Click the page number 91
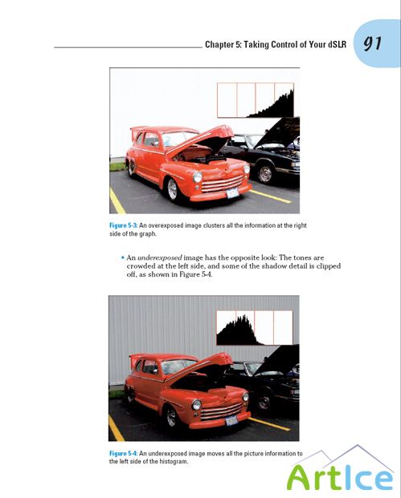tap(372, 43)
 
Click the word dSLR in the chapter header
tap(337, 44)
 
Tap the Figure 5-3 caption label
tap(124, 225)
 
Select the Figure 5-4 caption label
tap(124, 453)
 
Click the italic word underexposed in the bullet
tap(159, 257)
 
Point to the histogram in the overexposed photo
tap(256, 100)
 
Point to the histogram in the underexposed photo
tap(255, 328)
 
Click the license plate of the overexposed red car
tap(232, 192)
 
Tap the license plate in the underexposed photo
tap(231, 420)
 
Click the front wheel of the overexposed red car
tap(172, 189)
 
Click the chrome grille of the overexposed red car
tap(222, 184)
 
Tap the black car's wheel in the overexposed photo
tap(264, 173)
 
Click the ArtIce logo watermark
tap(341, 471)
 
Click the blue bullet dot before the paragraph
tap(122, 257)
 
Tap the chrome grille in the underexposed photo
tap(222, 411)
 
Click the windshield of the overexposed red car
tap(179, 138)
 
